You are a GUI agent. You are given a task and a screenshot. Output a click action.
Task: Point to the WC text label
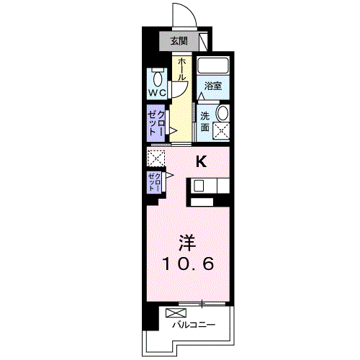point(158,93)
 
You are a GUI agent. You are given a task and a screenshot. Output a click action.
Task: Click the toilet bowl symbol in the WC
point(158,78)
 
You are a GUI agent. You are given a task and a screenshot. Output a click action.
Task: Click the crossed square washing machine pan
point(221,131)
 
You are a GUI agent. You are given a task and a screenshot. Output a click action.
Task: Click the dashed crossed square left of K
point(156,158)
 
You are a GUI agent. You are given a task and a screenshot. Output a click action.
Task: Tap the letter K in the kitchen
point(202,162)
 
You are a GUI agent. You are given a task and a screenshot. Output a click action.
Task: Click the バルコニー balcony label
point(192,325)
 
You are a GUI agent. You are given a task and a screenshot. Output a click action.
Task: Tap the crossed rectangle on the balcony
point(174,313)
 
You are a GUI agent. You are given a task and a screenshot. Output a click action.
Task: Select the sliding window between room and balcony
point(202,301)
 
